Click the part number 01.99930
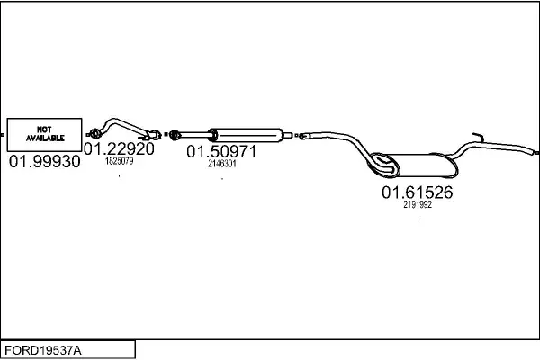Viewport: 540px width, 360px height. [x=44, y=162]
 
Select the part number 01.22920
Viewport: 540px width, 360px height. [x=119, y=148]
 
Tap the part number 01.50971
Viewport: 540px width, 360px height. [x=221, y=152]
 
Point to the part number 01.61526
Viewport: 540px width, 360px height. [x=417, y=192]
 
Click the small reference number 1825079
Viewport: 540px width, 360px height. [x=119, y=162]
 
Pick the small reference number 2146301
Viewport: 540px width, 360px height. [x=221, y=164]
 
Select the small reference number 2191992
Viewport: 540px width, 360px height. [x=418, y=204]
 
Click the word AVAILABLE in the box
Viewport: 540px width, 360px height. [x=45, y=139]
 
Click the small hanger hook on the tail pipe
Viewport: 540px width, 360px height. [x=479, y=138]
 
